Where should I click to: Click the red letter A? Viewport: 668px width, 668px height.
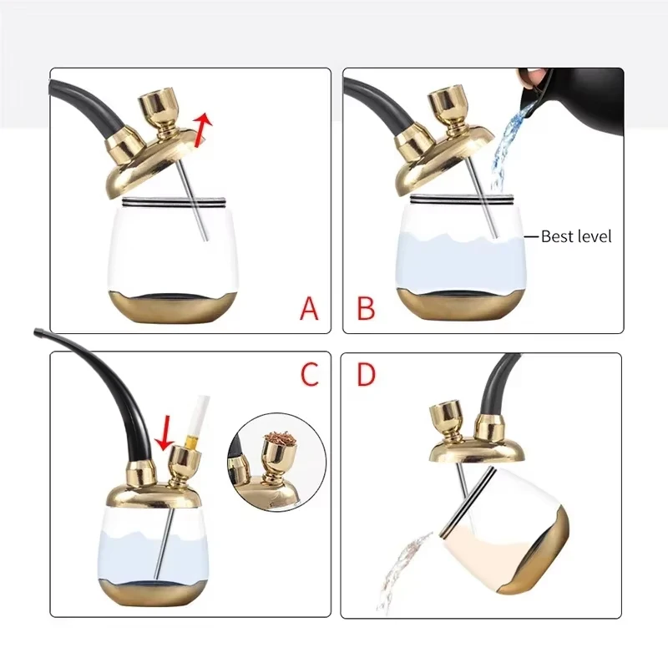tap(310, 309)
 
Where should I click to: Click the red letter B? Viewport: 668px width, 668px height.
tap(366, 309)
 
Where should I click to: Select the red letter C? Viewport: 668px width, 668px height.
tap(310, 375)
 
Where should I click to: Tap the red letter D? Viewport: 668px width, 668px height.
tap(366, 375)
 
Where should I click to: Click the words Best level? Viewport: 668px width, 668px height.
tap(576, 236)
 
